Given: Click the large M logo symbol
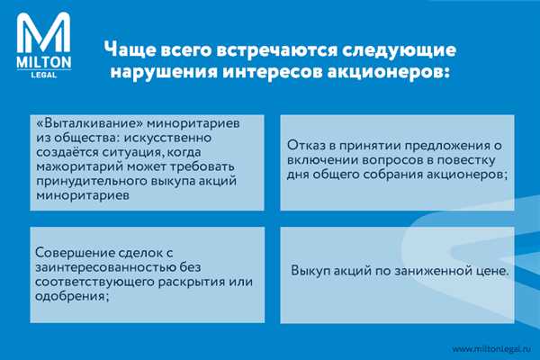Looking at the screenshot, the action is click(x=44, y=32).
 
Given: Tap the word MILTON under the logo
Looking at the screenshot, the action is click(x=44, y=62).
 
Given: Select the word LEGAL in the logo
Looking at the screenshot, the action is click(x=44, y=75).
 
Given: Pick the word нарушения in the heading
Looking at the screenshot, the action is click(x=164, y=72).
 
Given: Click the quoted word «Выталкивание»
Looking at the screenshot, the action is click(x=89, y=123).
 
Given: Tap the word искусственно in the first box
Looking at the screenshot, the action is click(x=167, y=138).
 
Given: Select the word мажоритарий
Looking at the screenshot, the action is click(x=79, y=166).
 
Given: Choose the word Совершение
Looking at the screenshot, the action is click(x=75, y=253).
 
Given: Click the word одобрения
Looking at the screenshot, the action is click(x=71, y=296).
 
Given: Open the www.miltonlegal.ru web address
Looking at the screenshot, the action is click(x=491, y=349).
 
